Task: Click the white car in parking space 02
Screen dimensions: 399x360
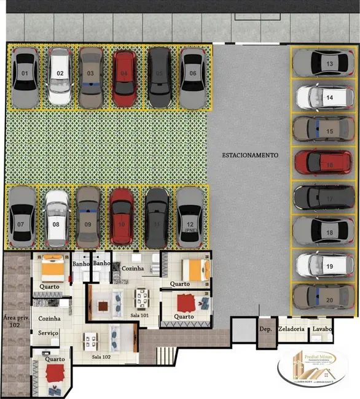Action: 60,76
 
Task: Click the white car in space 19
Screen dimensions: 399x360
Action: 323,265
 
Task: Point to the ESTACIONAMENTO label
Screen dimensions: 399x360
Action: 250,155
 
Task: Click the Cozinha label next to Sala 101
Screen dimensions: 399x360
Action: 132,268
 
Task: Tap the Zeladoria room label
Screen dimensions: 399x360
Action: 291,329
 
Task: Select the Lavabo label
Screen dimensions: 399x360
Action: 322,329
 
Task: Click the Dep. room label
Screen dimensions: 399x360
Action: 265,329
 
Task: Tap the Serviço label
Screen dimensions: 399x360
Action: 49,332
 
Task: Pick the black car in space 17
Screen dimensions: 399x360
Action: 323,198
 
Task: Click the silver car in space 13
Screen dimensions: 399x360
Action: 323,63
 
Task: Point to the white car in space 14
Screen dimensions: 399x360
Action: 323,96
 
